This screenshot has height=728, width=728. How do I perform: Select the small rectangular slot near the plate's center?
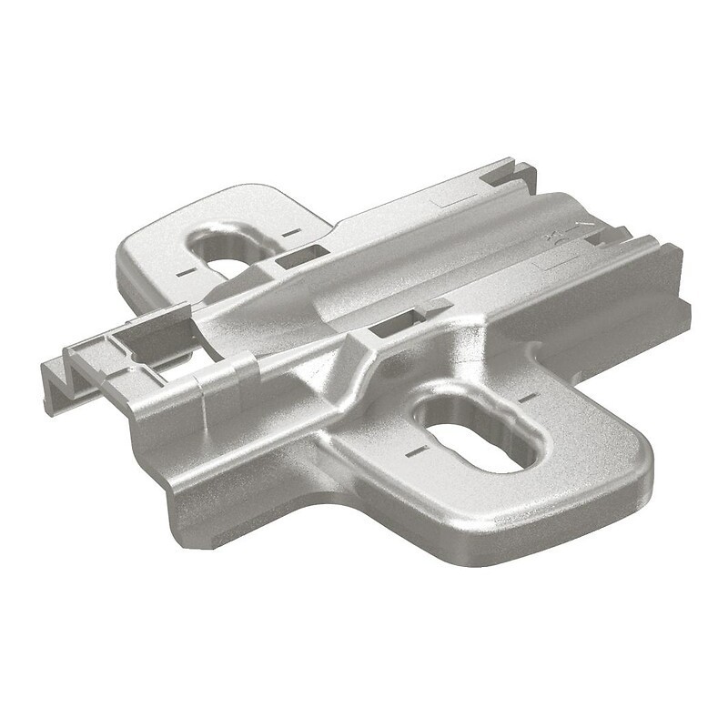click(394, 322)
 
